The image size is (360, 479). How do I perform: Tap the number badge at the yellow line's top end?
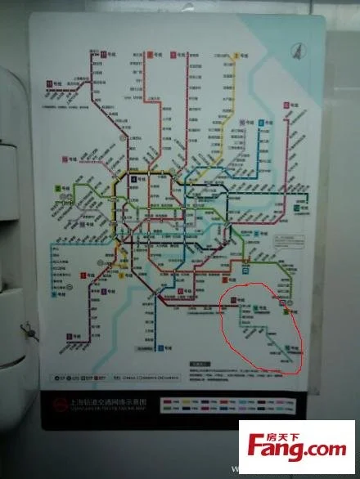235,54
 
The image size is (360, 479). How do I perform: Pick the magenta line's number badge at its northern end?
288,105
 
